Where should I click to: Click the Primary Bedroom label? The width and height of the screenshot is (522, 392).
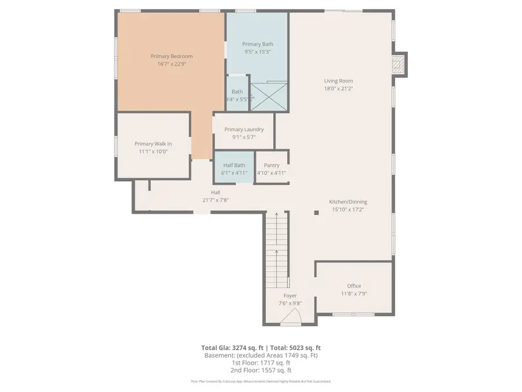tap(172, 56)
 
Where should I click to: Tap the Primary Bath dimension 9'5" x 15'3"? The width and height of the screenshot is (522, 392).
tap(257, 52)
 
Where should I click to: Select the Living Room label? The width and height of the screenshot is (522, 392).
tap(338, 81)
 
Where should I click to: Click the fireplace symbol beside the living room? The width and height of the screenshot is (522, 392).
tap(397, 64)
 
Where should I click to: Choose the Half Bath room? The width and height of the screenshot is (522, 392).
tap(234, 168)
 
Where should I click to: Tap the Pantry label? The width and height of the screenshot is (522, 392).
tap(271, 165)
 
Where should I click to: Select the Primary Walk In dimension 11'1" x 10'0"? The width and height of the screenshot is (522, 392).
tap(153, 152)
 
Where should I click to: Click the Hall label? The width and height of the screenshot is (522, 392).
tap(215, 192)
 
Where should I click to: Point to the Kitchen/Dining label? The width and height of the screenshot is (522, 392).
tap(349, 202)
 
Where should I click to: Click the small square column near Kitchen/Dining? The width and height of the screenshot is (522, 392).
tap(317, 213)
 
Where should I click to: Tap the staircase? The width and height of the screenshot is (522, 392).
tap(277, 250)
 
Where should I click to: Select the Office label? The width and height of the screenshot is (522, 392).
tap(354, 286)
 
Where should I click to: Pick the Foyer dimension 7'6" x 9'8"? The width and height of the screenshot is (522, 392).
tap(290, 303)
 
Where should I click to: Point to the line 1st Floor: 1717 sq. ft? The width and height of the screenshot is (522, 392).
tap(260, 362)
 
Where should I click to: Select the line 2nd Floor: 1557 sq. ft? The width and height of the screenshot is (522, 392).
tap(260, 370)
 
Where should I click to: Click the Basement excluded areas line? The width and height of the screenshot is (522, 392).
tap(260, 355)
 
